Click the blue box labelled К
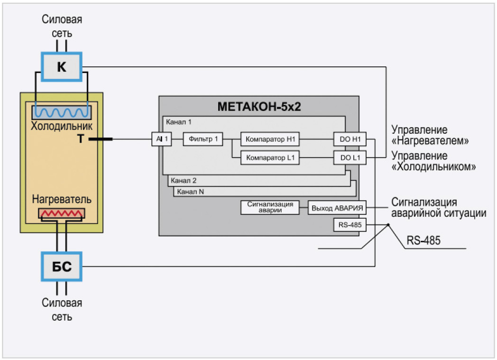point(62,67)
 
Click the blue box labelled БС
point(62,267)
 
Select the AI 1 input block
point(161,139)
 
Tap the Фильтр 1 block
point(202,139)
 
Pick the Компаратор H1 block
point(270,139)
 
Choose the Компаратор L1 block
point(270,157)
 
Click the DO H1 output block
point(350,139)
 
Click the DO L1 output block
point(350,157)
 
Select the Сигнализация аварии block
point(270,208)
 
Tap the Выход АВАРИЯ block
point(338,208)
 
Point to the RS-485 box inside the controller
point(350,225)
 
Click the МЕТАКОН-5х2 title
point(259,107)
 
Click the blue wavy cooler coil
point(62,113)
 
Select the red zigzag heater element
point(62,214)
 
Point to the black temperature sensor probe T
point(101,139)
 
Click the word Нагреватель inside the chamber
point(62,199)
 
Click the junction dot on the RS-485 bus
point(388,225)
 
